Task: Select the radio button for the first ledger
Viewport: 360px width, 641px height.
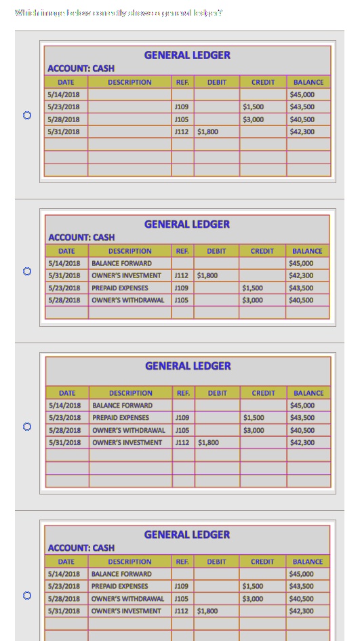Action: click(x=27, y=115)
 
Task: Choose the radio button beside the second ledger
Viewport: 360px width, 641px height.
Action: click(x=27, y=271)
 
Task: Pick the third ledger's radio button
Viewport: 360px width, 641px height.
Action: click(x=27, y=427)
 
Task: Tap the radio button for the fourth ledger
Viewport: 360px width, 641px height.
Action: click(x=27, y=596)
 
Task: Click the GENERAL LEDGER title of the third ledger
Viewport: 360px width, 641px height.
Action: click(x=188, y=366)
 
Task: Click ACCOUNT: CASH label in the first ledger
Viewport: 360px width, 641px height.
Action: click(x=81, y=69)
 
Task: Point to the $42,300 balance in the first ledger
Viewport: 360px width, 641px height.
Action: click(x=302, y=132)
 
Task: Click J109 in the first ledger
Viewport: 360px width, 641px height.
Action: click(x=181, y=107)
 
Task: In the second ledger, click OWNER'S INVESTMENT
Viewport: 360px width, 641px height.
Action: click(x=126, y=275)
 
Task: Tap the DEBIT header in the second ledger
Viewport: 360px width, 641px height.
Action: click(x=216, y=251)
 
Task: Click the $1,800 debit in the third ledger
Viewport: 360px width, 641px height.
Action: click(x=207, y=442)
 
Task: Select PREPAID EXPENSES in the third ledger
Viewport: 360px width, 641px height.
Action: click(x=121, y=418)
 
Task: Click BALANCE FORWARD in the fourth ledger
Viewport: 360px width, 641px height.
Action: click(x=121, y=574)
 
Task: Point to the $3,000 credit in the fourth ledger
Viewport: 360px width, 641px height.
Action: click(x=253, y=599)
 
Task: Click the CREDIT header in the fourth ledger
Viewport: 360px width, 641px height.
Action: click(x=262, y=562)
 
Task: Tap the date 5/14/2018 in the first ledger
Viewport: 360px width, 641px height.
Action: click(x=64, y=95)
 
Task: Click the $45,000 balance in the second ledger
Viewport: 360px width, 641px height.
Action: click(x=301, y=263)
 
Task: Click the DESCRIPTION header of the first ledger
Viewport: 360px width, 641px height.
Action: click(x=129, y=82)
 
